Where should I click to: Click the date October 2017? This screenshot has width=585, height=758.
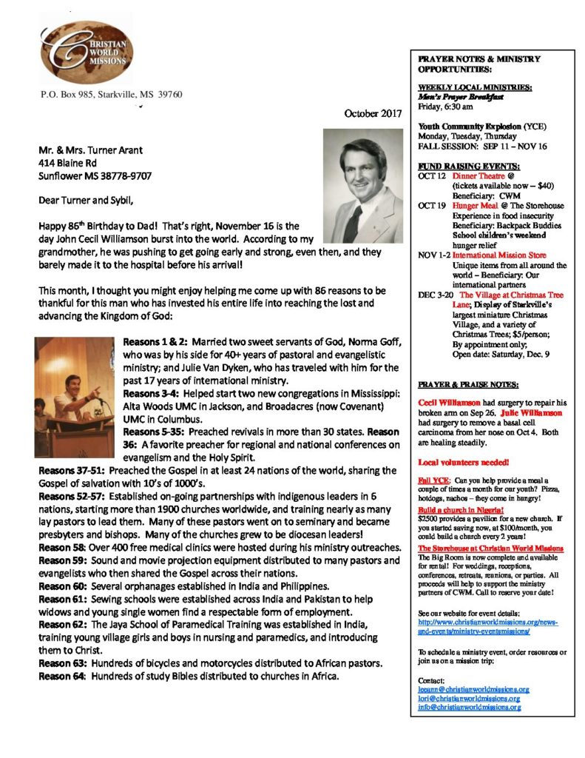tap(373, 113)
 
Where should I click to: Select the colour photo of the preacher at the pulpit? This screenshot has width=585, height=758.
tap(72, 398)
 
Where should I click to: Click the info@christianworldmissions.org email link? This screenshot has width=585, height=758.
tap(468, 707)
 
